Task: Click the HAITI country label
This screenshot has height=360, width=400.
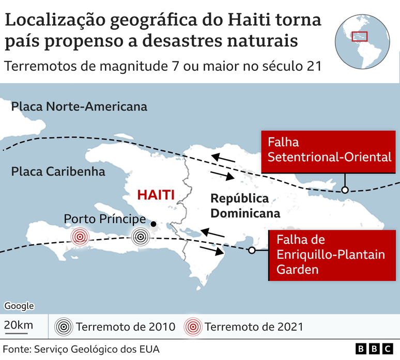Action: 156,195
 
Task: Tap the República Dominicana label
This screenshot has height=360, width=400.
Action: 239,206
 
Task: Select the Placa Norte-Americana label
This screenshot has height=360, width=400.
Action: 79,107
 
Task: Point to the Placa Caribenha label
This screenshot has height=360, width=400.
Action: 58,171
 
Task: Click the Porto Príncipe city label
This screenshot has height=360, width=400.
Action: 104,219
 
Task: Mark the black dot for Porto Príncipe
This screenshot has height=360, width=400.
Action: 154,224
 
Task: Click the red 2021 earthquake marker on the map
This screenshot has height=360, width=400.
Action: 79,237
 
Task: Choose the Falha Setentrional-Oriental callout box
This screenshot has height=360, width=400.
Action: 329,150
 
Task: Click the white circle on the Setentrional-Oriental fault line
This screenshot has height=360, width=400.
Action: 345,190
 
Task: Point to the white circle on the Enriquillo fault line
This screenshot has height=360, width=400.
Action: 252,251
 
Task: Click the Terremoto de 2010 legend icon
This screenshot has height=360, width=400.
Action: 64,327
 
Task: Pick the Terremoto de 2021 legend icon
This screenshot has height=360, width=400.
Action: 194,327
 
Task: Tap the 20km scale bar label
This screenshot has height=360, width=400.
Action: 19,325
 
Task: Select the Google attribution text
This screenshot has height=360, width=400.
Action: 19,306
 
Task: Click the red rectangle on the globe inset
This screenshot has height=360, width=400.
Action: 359,37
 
